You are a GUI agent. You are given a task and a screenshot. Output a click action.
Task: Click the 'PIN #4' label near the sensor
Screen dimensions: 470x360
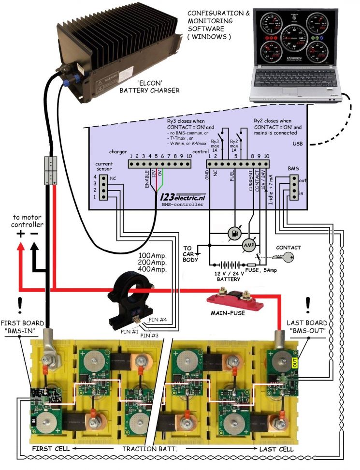click(x=158, y=319)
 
